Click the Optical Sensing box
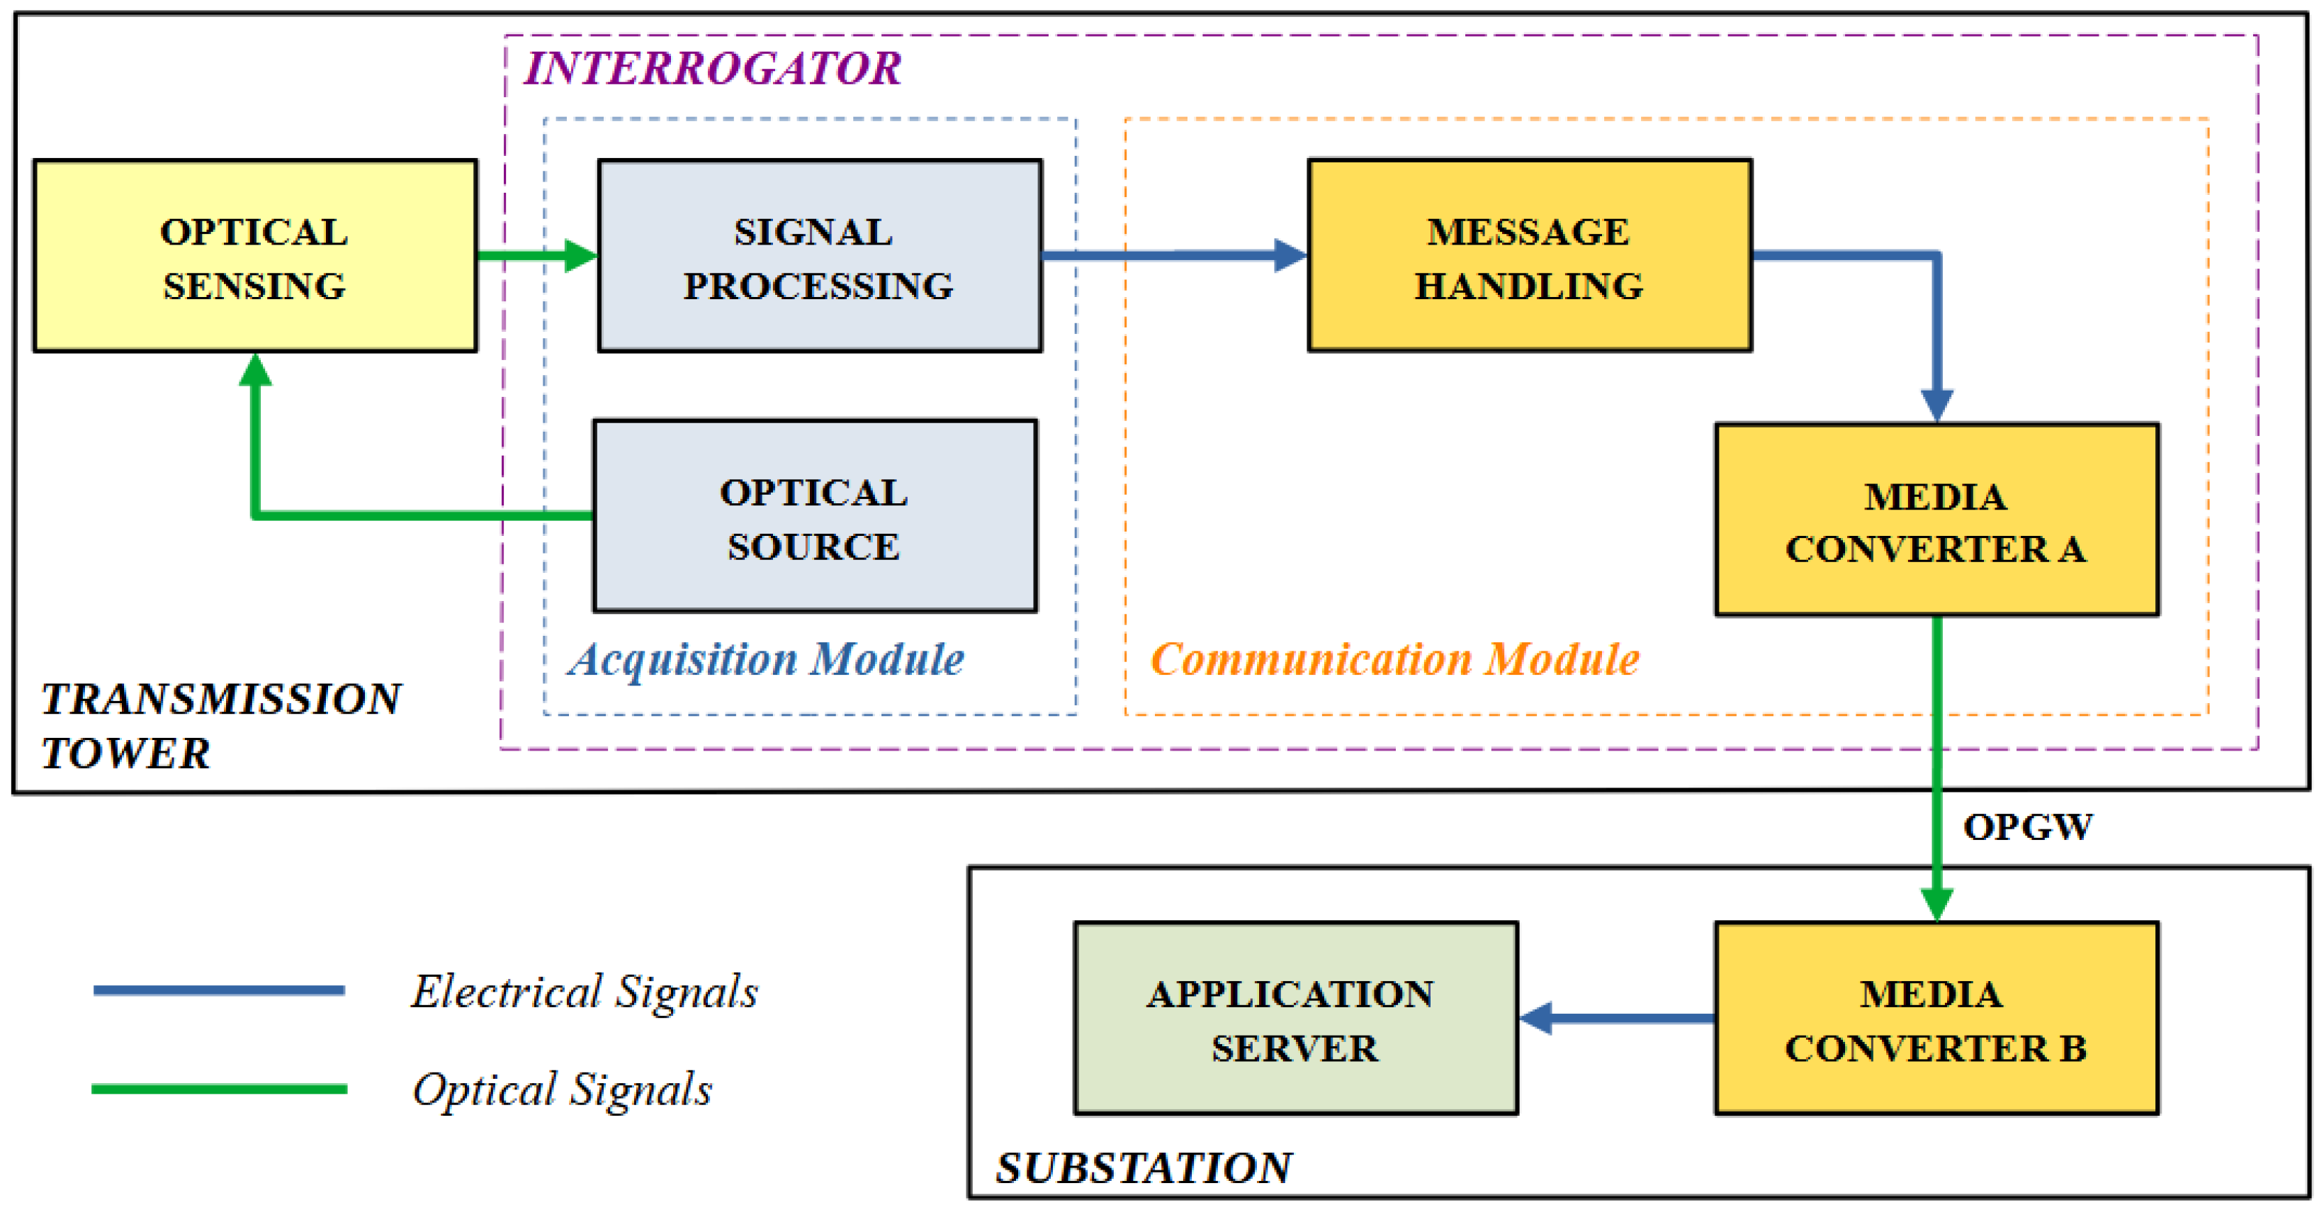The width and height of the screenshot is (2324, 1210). tap(255, 255)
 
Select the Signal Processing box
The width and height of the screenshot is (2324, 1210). tap(820, 255)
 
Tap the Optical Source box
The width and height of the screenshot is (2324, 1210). tap(815, 516)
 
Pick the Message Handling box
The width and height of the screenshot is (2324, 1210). tap(1530, 255)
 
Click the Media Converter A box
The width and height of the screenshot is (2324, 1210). tap(1937, 520)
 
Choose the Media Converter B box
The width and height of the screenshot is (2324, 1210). tap(1937, 1019)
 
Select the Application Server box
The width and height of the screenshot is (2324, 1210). tap(1295, 1019)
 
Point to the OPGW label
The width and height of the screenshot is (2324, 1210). tap(2028, 827)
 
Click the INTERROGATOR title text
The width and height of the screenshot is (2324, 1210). tap(713, 69)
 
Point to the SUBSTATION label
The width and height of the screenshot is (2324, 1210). tap(1144, 1167)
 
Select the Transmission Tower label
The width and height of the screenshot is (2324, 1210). tap(221, 725)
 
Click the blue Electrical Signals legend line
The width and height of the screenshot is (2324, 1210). tap(219, 991)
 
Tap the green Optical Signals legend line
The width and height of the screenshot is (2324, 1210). tap(219, 1089)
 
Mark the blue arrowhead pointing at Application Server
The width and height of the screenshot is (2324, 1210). tap(1535, 1019)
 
